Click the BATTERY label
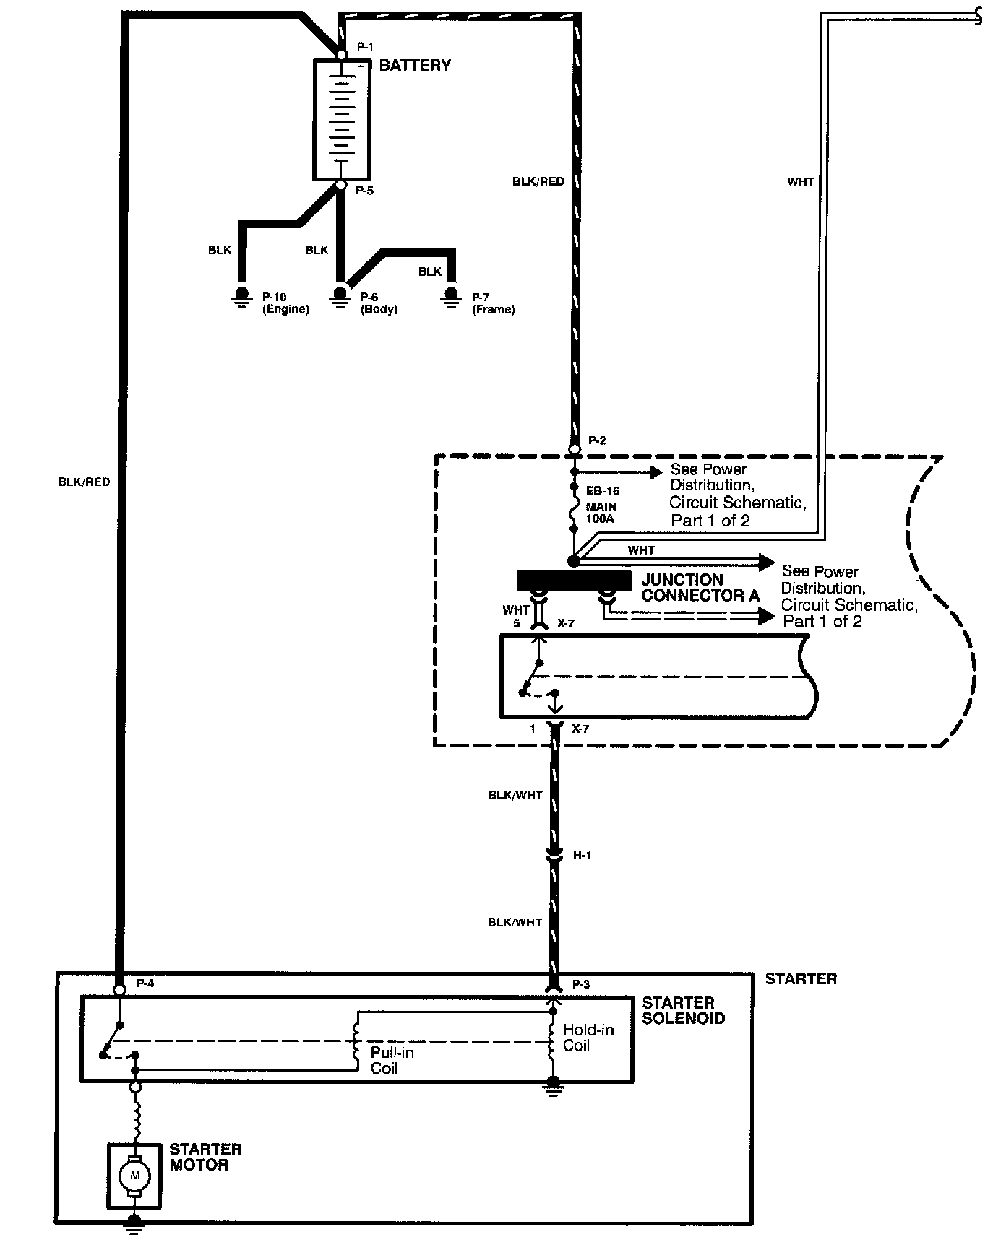coord(415,66)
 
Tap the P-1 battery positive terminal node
coord(342,54)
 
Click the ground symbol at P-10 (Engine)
coord(241,297)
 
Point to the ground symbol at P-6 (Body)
coord(340,297)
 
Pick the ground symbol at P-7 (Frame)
coord(452,297)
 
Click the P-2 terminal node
coord(575,449)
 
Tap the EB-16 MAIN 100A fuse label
coord(602,505)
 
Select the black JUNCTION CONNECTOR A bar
coord(574,580)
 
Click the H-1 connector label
coord(582,856)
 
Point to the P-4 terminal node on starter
coord(121,989)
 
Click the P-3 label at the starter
coord(582,984)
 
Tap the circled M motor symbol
coord(134,1176)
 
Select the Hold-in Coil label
coord(588,1038)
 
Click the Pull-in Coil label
coord(392,1060)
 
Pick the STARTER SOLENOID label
coord(683,1010)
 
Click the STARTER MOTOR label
coord(205,1156)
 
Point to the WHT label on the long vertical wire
coord(801,182)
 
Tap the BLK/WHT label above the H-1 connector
coord(515,796)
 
